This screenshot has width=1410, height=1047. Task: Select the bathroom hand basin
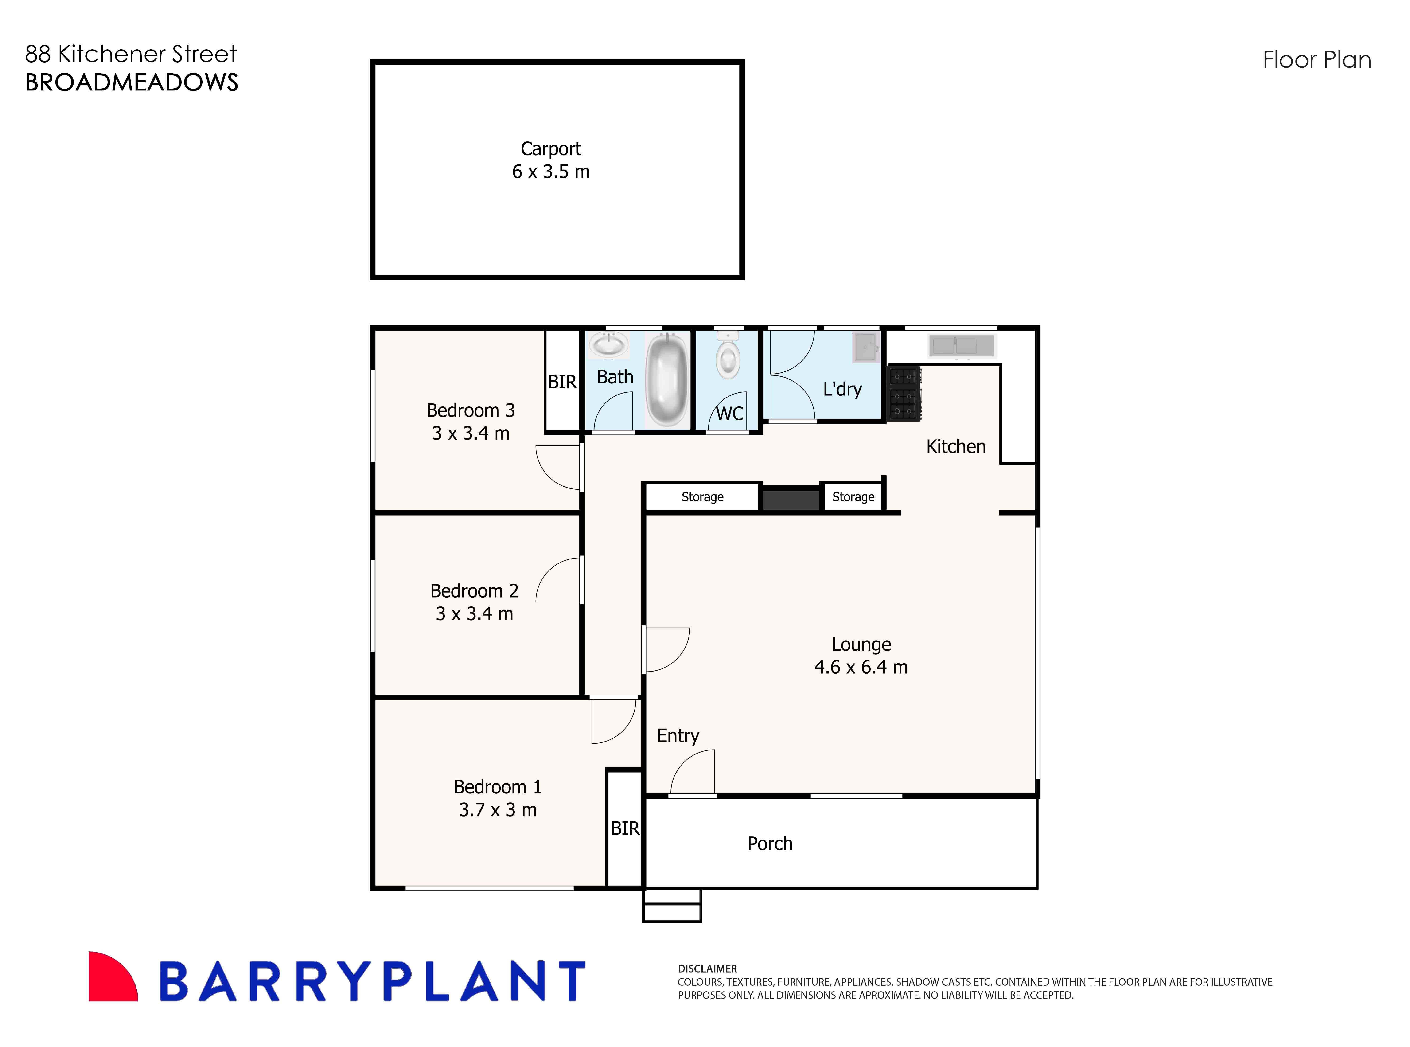pos(608,346)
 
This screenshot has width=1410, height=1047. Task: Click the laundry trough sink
pos(866,347)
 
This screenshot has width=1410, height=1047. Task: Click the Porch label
pos(769,844)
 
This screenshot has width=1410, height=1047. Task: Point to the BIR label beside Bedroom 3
pos(562,382)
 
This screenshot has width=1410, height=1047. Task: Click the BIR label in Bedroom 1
pos(625,828)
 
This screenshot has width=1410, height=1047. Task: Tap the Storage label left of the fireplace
pos(702,497)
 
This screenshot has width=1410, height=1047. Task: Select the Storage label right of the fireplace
pos(853,497)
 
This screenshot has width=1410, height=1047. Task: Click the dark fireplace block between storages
pos(791,499)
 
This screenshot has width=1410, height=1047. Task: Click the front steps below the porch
pos(672,905)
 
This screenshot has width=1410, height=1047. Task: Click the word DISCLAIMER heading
pos(707,969)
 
